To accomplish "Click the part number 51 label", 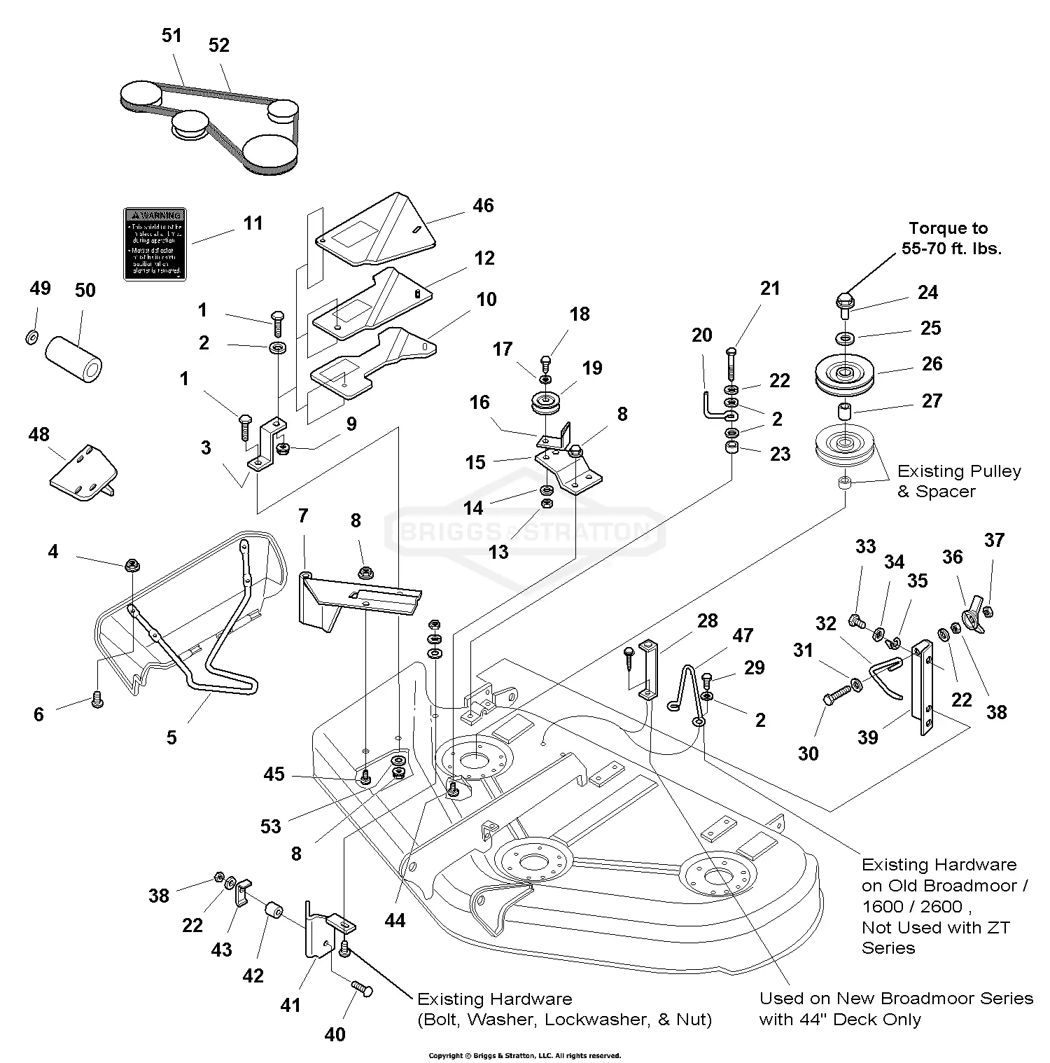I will tap(171, 36).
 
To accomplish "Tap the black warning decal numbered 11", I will tap(155, 244).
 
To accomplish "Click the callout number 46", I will tap(483, 206).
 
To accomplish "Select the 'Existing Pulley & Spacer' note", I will tap(958, 481).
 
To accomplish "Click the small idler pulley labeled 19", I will tap(545, 404).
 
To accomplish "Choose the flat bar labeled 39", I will tap(922, 687).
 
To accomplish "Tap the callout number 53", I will tap(271, 826).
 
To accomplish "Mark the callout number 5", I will tap(171, 737).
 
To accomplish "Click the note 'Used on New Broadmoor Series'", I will tap(896, 999).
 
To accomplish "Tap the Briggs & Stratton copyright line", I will tap(524, 1055).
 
